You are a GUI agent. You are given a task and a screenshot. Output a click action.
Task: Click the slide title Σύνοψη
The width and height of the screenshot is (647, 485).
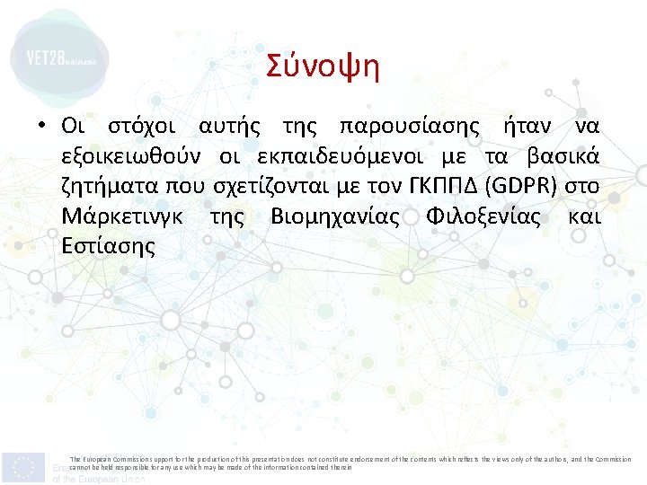click(x=323, y=66)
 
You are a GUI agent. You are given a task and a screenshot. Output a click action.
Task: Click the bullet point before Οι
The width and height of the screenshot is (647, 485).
click(x=42, y=125)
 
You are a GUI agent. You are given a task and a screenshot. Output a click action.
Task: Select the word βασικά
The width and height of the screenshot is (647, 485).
click(x=563, y=156)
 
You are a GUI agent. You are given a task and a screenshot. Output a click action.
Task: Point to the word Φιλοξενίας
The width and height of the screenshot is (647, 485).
click(x=483, y=217)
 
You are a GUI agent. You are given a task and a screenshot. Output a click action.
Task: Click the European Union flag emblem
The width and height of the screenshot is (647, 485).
click(x=23, y=466)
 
